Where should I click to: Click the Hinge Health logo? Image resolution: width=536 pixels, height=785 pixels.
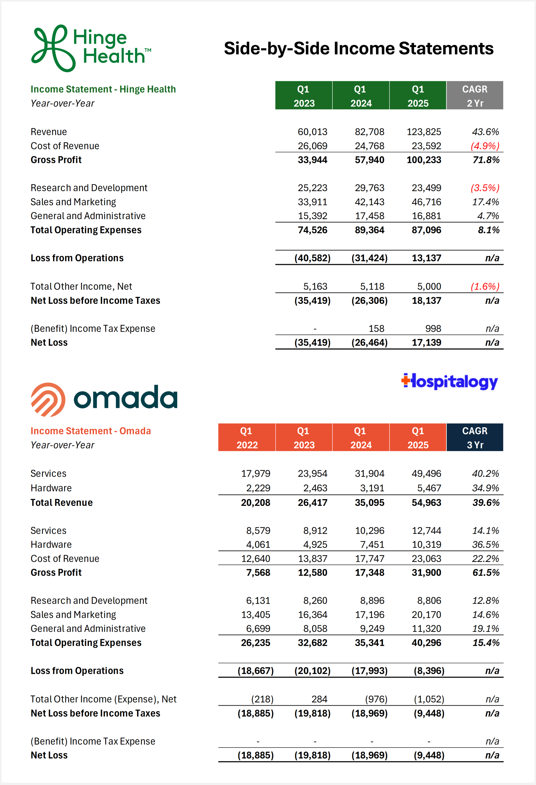tap(90, 48)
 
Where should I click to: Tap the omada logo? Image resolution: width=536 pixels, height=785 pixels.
tap(104, 399)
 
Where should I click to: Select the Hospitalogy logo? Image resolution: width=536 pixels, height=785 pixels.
tap(449, 382)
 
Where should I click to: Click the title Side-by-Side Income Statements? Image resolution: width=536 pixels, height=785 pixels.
tap(358, 48)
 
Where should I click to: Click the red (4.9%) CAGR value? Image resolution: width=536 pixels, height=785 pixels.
tap(485, 146)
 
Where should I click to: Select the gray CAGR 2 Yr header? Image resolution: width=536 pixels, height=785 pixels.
tap(475, 96)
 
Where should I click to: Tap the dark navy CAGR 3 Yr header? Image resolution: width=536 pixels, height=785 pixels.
tap(475, 437)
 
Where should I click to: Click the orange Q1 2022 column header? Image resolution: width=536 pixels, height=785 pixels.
tap(247, 437)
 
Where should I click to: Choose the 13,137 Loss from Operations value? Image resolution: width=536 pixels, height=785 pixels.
tap(426, 258)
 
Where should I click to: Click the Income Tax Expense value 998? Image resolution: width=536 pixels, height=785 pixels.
tap(433, 328)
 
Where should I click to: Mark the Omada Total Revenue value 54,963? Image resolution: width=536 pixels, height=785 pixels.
tap(426, 503)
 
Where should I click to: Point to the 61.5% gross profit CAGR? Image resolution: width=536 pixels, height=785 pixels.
tap(486, 573)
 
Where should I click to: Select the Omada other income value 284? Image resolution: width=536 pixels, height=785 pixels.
tap(319, 699)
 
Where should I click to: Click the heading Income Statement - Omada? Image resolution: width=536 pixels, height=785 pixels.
tap(90, 431)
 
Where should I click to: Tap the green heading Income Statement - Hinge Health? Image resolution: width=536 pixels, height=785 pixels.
tap(103, 89)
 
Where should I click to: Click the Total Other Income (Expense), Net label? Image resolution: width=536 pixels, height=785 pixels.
tap(103, 699)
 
